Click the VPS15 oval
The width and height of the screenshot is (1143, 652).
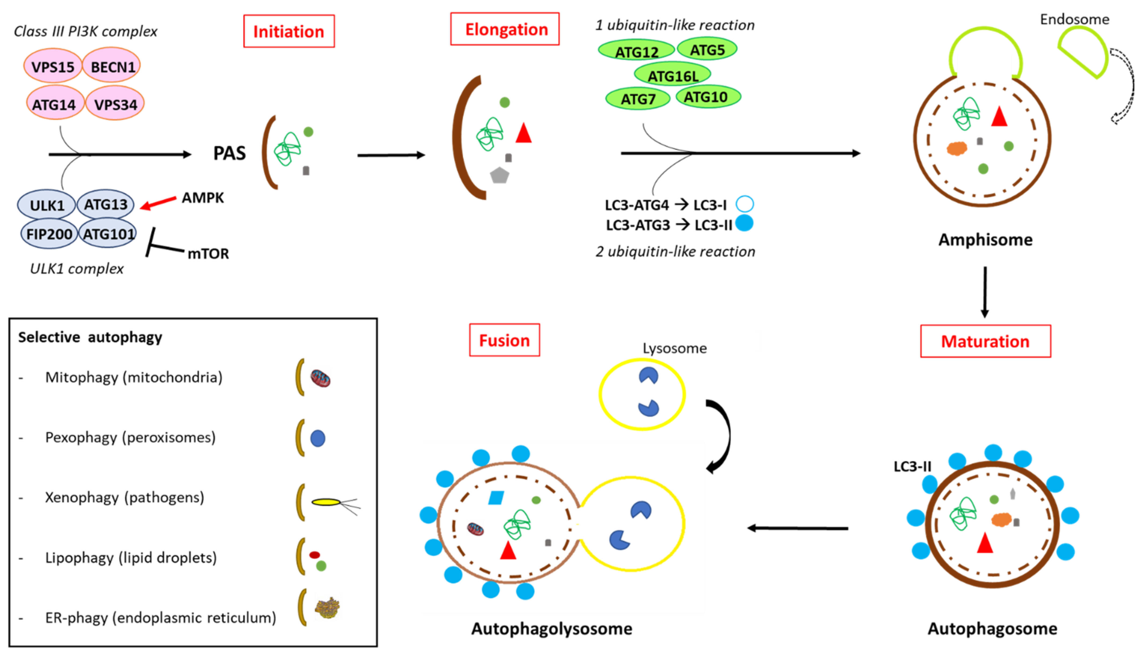tap(53, 67)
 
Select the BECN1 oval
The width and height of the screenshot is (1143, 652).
tap(112, 67)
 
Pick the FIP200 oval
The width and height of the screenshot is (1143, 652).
tap(49, 234)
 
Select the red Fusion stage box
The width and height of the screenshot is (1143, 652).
tap(504, 340)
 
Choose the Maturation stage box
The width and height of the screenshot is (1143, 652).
tap(985, 341)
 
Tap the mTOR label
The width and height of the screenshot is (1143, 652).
tap(208, 254)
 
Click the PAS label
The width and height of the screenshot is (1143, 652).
tap(229, 153)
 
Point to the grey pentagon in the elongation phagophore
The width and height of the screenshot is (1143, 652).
tap(499, 175)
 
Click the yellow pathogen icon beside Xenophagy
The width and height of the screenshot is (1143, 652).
tap(326, 502)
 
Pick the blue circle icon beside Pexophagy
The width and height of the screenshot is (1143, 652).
tap(318, 438)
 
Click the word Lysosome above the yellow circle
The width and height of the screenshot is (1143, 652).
tap(674, 348)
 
